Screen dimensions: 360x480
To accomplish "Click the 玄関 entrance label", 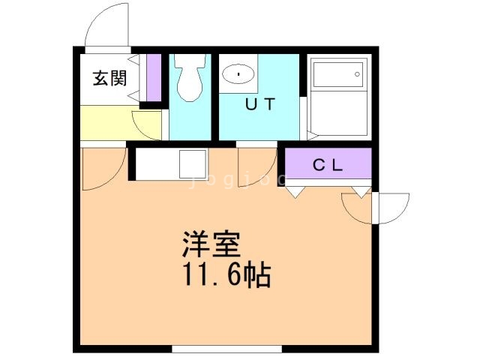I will click(109, 77).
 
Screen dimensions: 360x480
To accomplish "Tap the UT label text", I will click(260, 104).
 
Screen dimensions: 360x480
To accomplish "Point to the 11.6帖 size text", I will click(223, 276).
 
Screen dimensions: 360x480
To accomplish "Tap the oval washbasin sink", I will click(238, 75).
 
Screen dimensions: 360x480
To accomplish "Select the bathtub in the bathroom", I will click(337, 76).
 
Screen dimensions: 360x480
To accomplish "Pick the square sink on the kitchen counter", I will click(193, 163).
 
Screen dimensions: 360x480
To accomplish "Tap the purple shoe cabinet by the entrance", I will click(154, 77).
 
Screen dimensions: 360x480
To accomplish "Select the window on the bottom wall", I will click(226, 348).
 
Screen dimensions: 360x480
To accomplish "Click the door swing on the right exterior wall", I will click(390, 208).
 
